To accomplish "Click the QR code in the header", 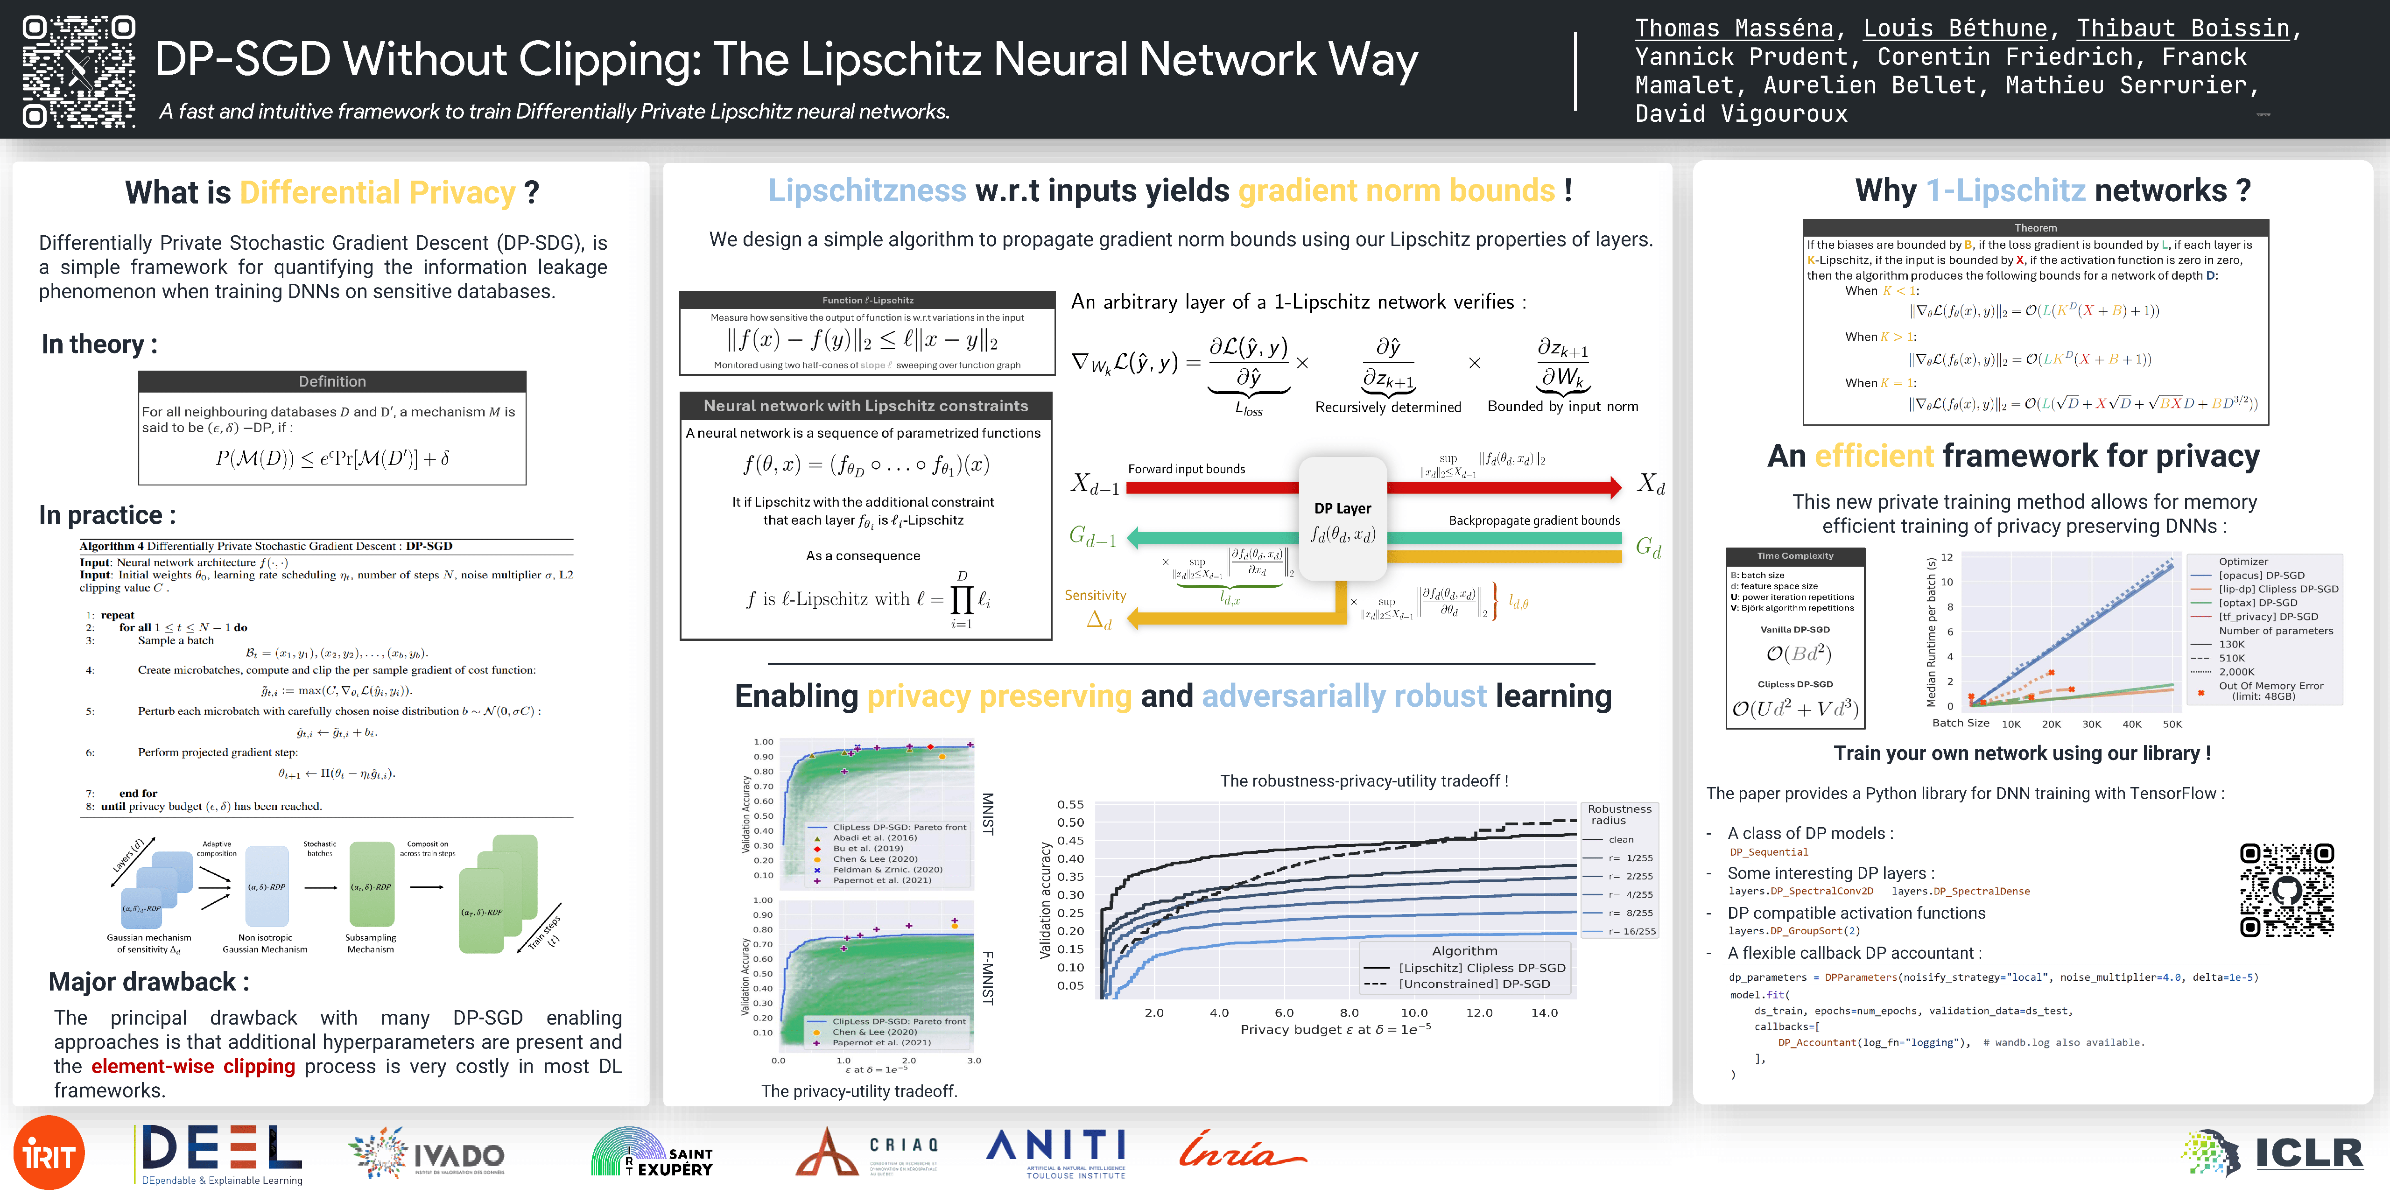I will click(x=79, y=70).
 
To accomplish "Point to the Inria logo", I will click(x=1241, y=1151).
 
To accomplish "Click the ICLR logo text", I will click(x=2308, y=1153).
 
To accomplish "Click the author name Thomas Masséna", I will click(x=1733, y=29).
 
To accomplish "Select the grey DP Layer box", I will click(x=1343, y=520).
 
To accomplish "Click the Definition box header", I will click(x=332, y=381).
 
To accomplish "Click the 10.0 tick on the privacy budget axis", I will click(x=1414, y=1012).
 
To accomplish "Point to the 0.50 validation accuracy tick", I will click(x=1071, y=822).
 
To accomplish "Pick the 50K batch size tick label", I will click(x=2172, y=724).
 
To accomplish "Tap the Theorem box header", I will click(x=2036, y=227).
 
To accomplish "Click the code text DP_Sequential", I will click(x=1768, y=852).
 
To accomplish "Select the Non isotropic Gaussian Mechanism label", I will click(x=265, y=942).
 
